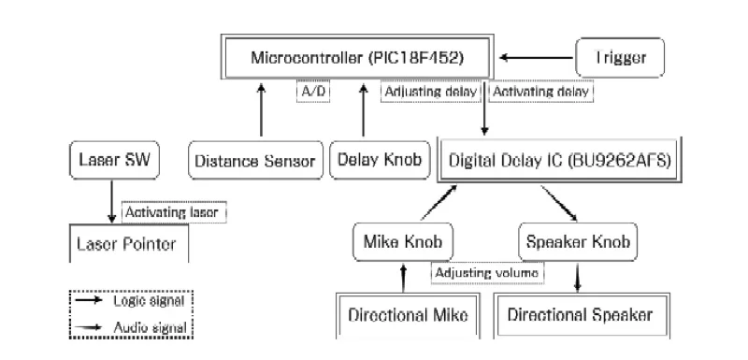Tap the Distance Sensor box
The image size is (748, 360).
[x=255, y=160]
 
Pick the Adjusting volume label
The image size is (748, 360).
[x=487, y=273]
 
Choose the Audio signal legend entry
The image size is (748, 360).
[x=132, y=327]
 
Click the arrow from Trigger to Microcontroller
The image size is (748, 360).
[x=535, y=59]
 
